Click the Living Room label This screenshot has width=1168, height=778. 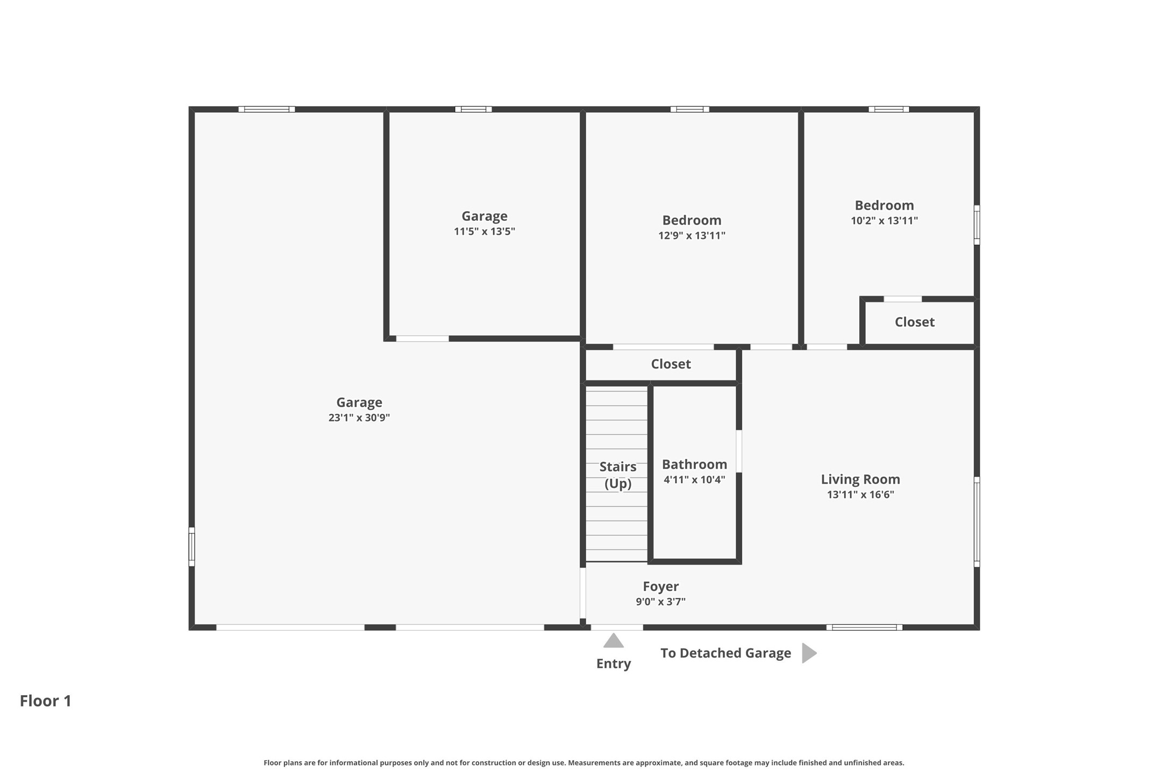[860, 479]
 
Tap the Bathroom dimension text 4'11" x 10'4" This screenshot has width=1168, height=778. [694, 480]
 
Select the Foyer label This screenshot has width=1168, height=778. [661, 587]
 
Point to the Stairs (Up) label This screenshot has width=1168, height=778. [618, 476]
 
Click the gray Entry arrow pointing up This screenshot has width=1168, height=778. [614, 640]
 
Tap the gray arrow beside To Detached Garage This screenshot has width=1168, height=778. [809, 653]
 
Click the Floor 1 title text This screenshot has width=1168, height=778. [46, 701]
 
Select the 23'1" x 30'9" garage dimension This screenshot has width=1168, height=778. [359, 417]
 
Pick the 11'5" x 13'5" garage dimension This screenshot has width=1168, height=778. [485, 232]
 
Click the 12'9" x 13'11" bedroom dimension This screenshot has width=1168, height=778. [692, 235]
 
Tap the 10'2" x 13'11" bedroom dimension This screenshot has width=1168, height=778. [884, 220]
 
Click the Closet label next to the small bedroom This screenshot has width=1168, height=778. [915, 322]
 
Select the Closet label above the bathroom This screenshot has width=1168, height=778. [671, 364]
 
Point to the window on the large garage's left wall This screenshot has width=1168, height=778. [191, 546]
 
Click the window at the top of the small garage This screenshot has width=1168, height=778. [473, 109]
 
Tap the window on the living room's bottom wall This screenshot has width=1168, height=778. [864, 627]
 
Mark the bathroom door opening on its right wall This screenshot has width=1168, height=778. [739, 451]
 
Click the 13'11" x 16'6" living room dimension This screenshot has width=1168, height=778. [860, 495]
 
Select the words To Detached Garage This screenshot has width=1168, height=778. [725, 653]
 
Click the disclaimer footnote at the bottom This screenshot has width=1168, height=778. [584, 762]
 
